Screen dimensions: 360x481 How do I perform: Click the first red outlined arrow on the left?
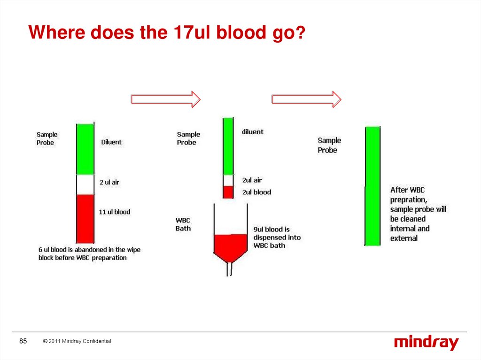[165, 99]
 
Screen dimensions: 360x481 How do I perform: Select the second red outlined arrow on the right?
[306, 99]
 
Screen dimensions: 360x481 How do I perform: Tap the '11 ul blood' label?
[115, 212]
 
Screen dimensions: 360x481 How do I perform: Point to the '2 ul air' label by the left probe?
[109, 182]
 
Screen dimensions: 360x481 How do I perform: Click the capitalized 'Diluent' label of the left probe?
[111, 142]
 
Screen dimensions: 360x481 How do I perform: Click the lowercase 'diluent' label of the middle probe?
[253, 132]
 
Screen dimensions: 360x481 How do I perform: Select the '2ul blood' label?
[256, 192]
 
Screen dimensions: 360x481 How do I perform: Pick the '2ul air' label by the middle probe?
[252, 180]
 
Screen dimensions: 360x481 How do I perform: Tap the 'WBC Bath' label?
[183, 224]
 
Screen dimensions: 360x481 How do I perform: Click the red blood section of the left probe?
[85, 218]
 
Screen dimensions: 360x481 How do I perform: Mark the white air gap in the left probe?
[85, 184]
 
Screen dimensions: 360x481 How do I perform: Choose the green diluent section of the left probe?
[85, 149]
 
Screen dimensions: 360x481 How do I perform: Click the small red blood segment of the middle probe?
[228, 192]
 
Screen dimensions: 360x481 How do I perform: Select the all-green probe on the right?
[372, 185]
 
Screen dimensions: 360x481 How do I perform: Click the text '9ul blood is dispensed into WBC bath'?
[277, 237]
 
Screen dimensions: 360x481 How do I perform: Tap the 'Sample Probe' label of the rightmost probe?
[329, 145]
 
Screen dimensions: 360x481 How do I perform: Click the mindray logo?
[426, 342]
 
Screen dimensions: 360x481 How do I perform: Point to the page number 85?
[23, 341]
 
